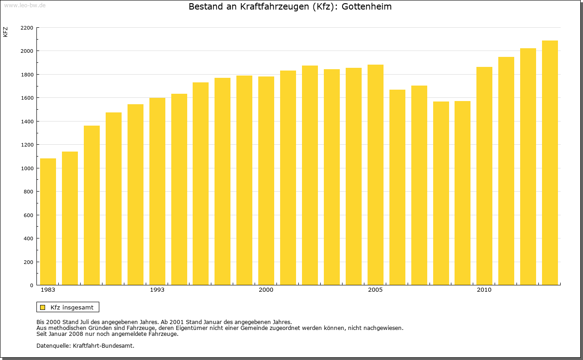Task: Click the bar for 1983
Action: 48,222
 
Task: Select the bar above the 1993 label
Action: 157,191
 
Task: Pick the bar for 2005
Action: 375,175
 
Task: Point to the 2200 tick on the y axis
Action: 27,28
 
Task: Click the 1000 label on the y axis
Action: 27,168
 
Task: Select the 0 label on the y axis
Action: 31,285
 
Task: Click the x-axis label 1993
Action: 157,290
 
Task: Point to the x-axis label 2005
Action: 375,290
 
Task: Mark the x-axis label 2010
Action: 484,290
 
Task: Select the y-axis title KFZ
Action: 5,32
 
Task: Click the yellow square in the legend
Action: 42,307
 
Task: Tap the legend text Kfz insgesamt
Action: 72,307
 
